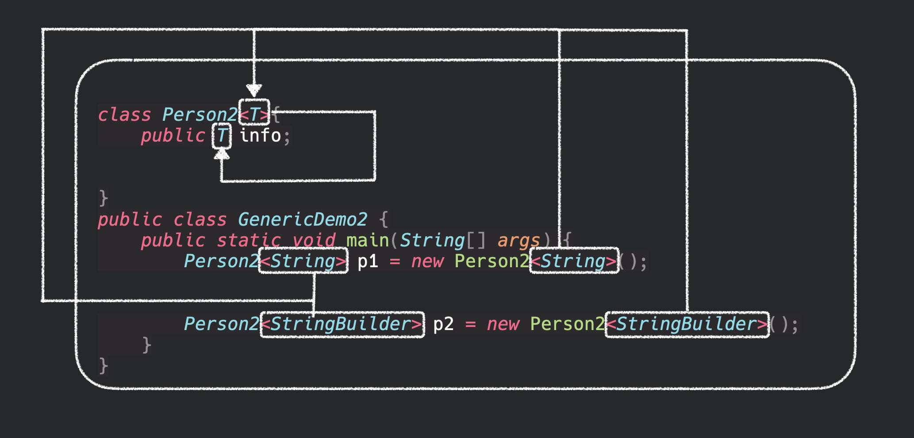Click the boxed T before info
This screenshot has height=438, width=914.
[x=222, y=135]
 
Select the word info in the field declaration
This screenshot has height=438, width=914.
[x=260, y=135]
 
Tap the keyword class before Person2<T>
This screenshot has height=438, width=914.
[x=124, y=115]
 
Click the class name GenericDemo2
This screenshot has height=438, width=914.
[x=302, y=219]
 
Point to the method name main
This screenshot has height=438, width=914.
[x=368, y=240]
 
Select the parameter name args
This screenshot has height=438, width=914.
[x=518, y=240]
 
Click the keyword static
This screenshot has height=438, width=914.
[x=249, y=240]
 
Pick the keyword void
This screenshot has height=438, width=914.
[x=314, y=240]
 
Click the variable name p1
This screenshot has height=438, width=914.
[x=368, y=261]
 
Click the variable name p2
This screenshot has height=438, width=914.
[x=443, y=324]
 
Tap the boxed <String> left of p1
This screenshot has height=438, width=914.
[x=303, y=261]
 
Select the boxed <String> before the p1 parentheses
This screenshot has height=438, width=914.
[x=574, y=261]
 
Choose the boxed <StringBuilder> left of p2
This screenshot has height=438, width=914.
[x=342, y=324]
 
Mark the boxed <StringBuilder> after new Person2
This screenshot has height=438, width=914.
[x=687, y=324]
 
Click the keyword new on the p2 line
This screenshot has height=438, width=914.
[x=503, y=324]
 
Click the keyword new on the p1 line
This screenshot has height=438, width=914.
[x=427, y=261]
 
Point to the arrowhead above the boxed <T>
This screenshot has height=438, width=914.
[x=254, y=90]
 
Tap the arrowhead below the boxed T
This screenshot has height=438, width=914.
[x=222, y=154]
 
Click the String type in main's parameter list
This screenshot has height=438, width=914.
[x=432, y=240]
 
